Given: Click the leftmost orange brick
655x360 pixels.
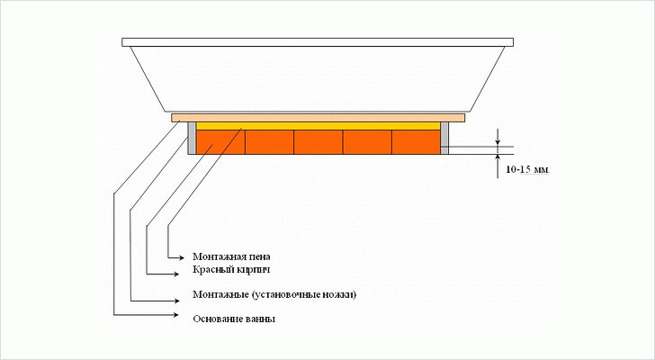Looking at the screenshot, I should (220, 142).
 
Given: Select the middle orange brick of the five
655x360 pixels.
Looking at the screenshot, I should (318, 142).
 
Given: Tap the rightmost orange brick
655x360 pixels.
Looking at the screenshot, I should (415, 142).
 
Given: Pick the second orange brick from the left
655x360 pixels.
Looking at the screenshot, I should (269, 142).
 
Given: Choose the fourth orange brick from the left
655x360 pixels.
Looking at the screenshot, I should (366, 142).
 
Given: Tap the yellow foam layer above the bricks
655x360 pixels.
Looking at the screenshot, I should (318, 125).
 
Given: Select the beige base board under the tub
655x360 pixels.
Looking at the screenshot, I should (318, 117).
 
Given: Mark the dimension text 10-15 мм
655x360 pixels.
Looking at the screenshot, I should (527, 169).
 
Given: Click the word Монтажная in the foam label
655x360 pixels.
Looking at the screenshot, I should (218, 256).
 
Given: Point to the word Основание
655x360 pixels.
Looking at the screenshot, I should (217, 319).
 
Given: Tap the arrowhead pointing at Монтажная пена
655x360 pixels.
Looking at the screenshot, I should (184, 256).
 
